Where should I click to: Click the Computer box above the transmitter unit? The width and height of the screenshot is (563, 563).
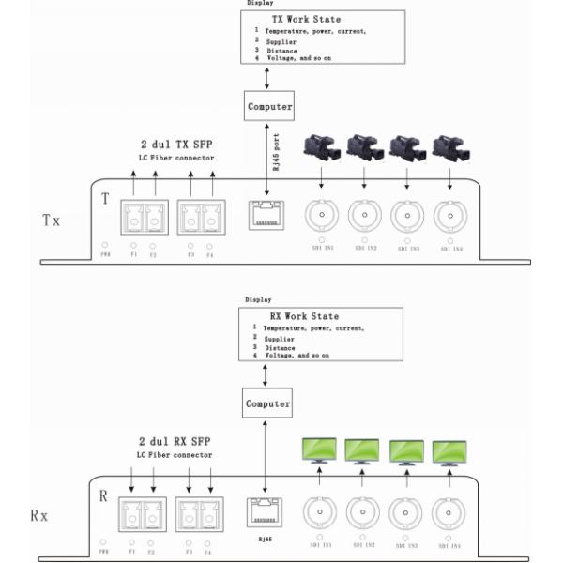point(269,106)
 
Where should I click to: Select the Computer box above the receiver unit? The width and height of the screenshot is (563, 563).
point(268,403)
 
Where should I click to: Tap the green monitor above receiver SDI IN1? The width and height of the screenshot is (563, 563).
point(319,449)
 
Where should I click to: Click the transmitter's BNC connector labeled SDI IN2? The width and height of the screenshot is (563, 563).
point(364,217)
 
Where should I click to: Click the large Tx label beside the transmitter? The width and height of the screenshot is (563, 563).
point(52,220)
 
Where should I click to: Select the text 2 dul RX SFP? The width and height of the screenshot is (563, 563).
point(175,441)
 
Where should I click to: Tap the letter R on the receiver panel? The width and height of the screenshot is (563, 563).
point(103,495)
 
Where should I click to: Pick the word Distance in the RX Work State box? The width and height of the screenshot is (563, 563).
point(279,347)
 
